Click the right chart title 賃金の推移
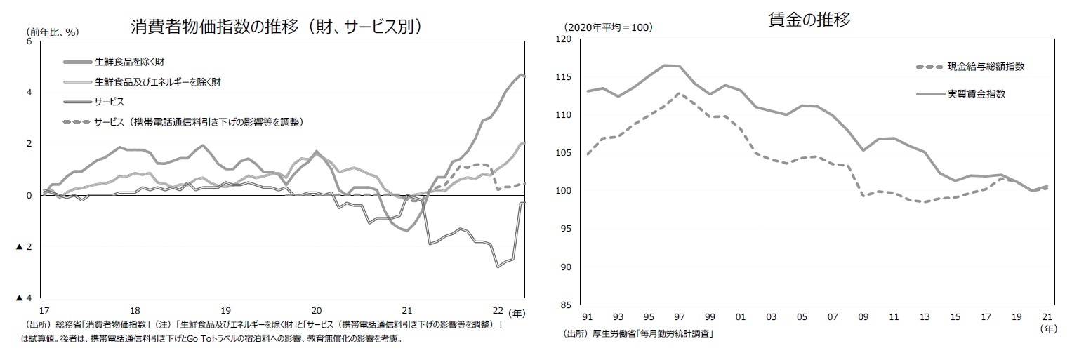click(809, 20)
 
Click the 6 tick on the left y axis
click(29, 41)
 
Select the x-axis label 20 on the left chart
click(316, 310)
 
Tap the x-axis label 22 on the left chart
click(498, 310)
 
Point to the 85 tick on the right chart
click(566, 305)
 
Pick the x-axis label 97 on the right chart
click(679, 317)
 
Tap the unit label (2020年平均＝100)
click(608, 27)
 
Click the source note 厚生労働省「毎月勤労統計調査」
click(639, 334)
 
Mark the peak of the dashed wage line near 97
click(678, 93)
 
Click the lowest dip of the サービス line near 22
click(498, 267)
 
